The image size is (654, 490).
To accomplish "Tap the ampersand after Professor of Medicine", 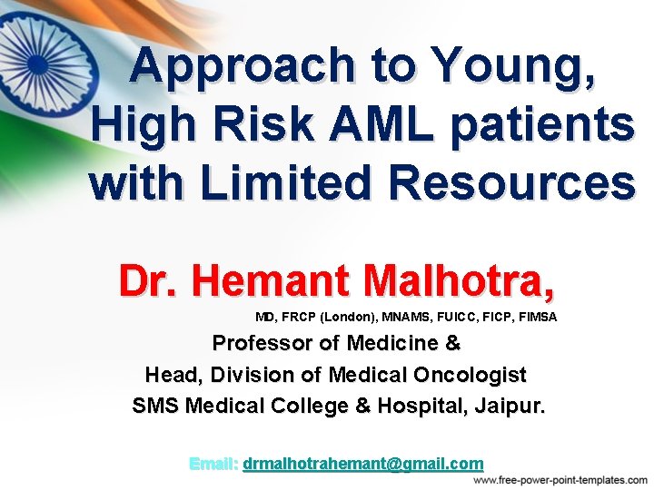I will point(454,344).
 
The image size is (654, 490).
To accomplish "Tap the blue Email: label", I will point(213,464).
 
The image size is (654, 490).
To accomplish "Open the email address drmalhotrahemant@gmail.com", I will point(363,464).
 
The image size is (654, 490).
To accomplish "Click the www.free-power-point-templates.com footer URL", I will point(560,480).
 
